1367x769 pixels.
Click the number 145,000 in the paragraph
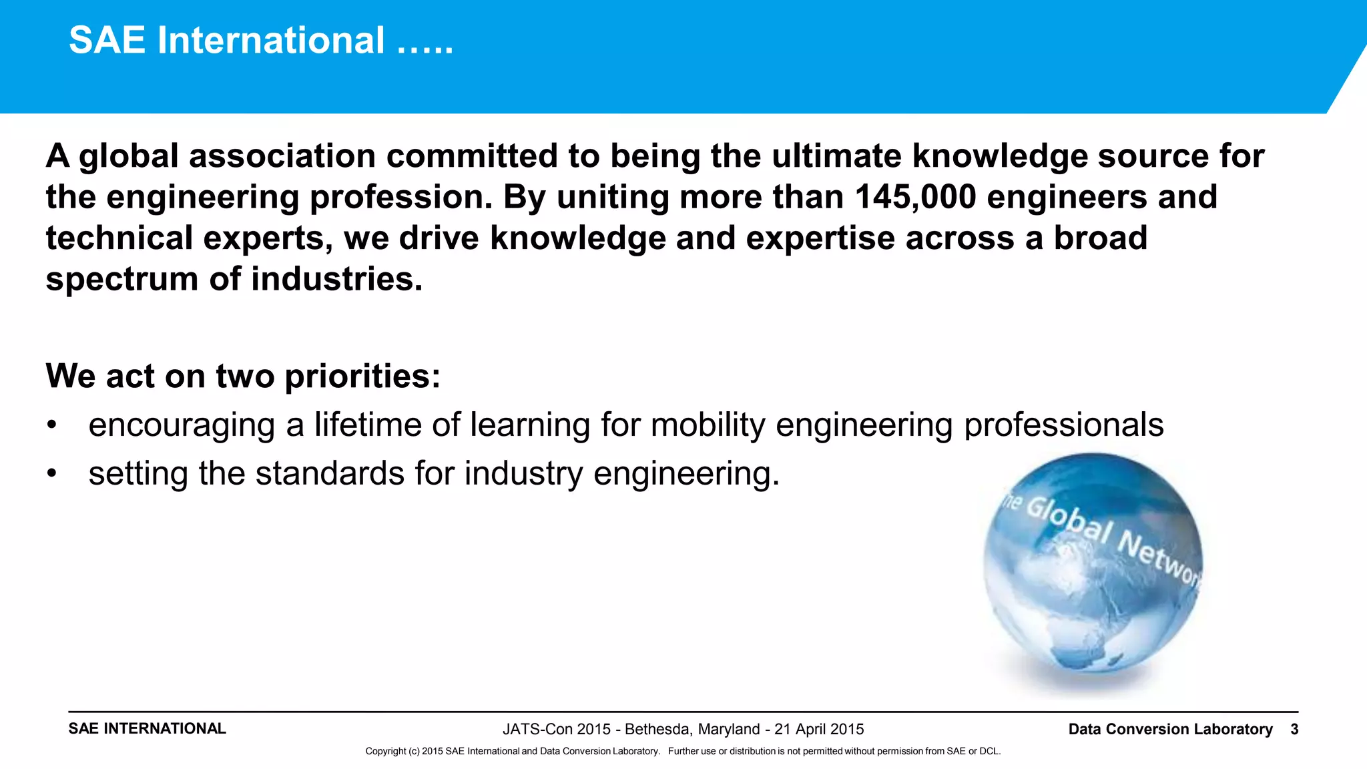[915, 197]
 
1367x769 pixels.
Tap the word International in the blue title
[271, 40]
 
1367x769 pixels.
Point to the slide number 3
[1294, 729]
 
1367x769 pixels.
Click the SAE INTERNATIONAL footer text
[148, 728]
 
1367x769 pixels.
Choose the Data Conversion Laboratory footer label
[1170, 729]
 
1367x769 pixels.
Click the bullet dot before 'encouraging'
[52, 425]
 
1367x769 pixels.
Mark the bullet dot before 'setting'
[52, 474]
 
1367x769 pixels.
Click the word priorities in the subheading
[362, 376]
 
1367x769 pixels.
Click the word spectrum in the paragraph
[122, 279]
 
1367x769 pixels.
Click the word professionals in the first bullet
[1064, 425]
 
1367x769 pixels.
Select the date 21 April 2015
[819, 729]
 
